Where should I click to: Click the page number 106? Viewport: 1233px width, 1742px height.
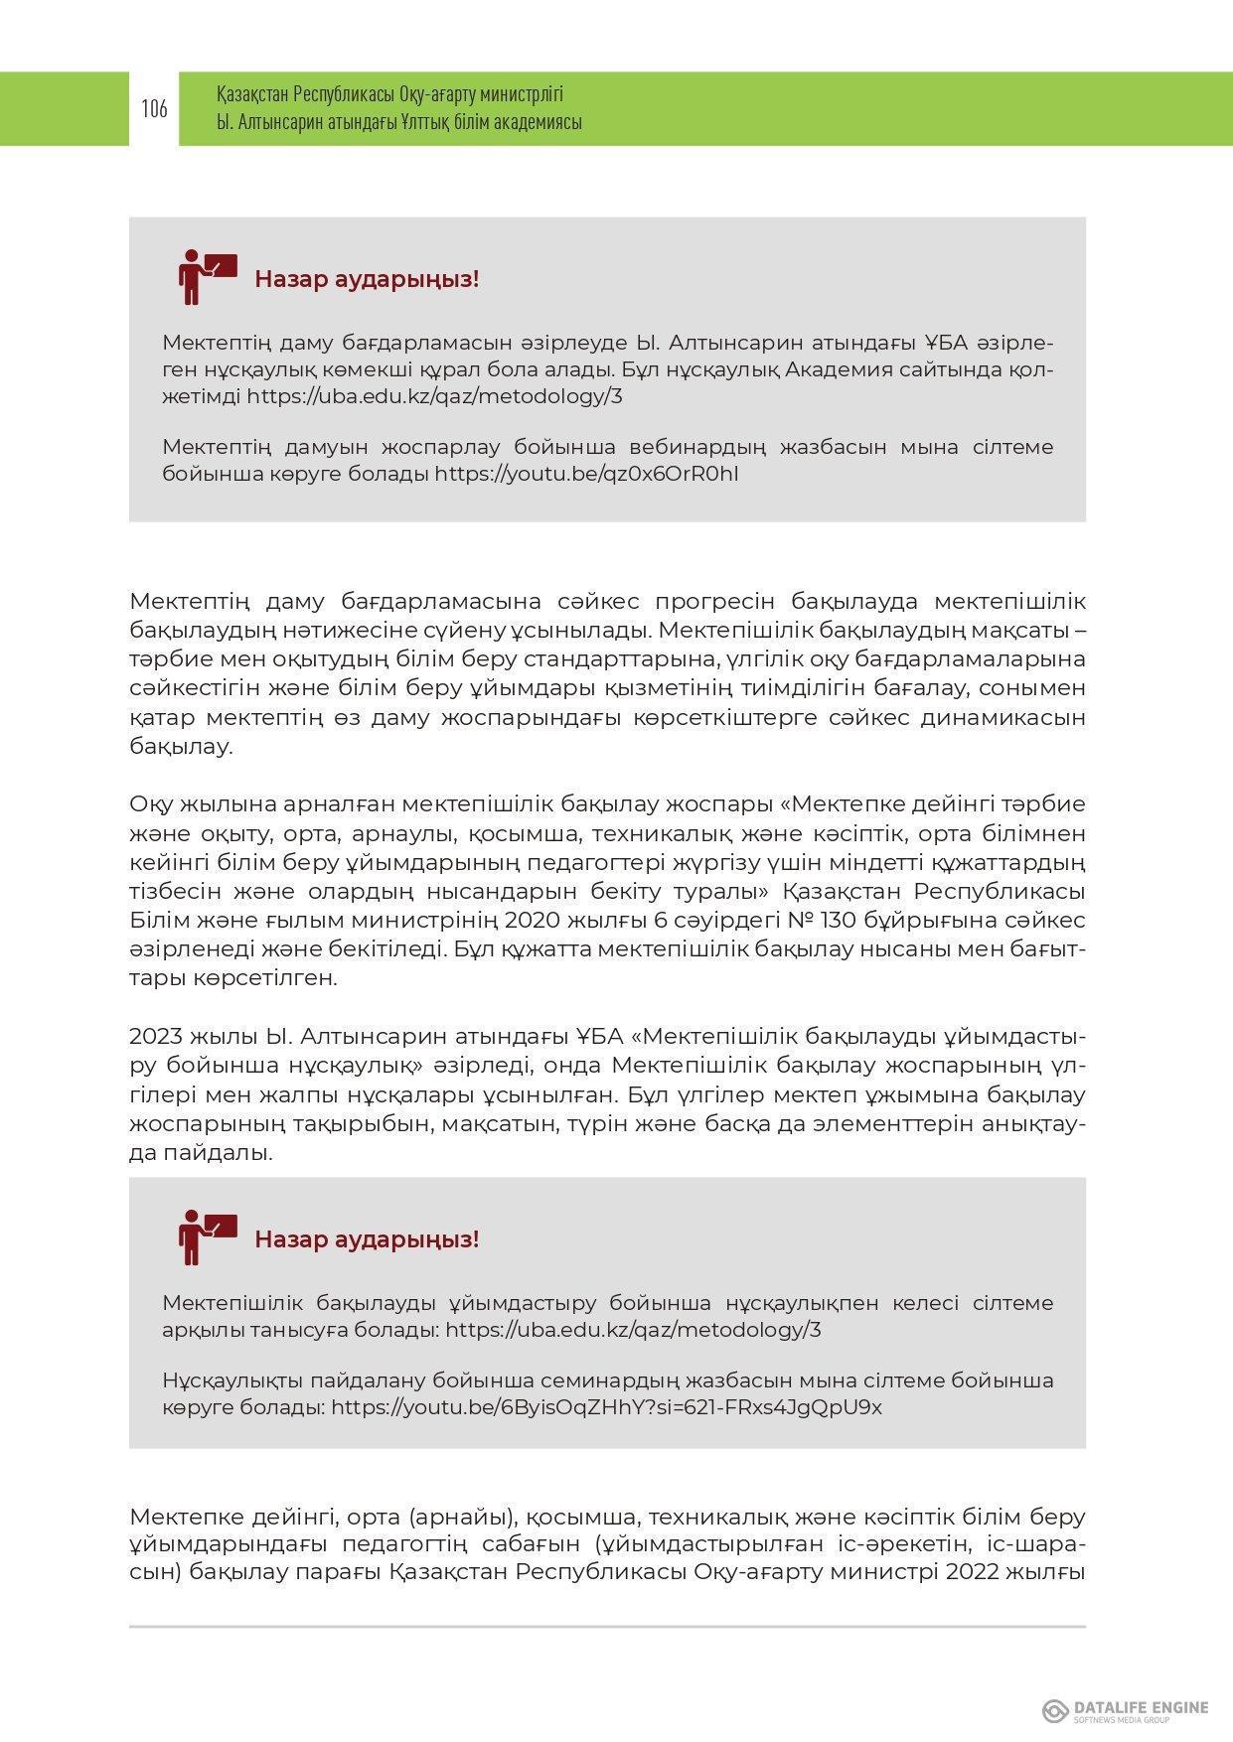pyautogui.click(x=154, y=109)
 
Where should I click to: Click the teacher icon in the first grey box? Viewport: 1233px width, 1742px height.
pyautogui.click(x=206, y=276)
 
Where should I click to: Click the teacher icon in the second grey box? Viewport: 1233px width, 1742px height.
pyautogui.click(x=206, y=1236)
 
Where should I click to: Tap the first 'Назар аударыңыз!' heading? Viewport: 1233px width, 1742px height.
pyautogui.click(x=367, y=279)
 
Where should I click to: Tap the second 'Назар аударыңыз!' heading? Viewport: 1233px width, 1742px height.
pyautogui.click(x=367, y=1239)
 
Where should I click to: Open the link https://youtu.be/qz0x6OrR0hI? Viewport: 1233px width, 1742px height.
pyautogui.click(x=586, y=474)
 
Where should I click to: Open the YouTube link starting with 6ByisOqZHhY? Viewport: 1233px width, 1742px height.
pyautogui.click(x=606, y=1407)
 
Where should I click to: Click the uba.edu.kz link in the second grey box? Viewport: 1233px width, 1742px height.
pyautogui.click(x=633, y=1330)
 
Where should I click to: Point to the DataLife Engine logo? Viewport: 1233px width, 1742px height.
pyautogui.click(x=1125, y=1709)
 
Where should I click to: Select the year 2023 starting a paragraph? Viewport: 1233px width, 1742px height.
pyautogui.click(x=156, y=1037)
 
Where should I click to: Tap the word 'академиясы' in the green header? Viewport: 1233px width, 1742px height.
pyautogui.click(x=534, y=122)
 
